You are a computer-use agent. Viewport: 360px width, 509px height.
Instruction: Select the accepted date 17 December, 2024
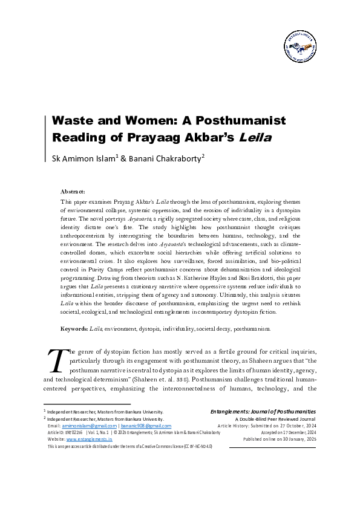tap(292, 433)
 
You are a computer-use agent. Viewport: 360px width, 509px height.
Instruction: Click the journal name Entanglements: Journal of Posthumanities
tap(263, 412)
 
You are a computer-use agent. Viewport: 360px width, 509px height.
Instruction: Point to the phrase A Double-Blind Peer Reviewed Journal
tap(275, 419)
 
